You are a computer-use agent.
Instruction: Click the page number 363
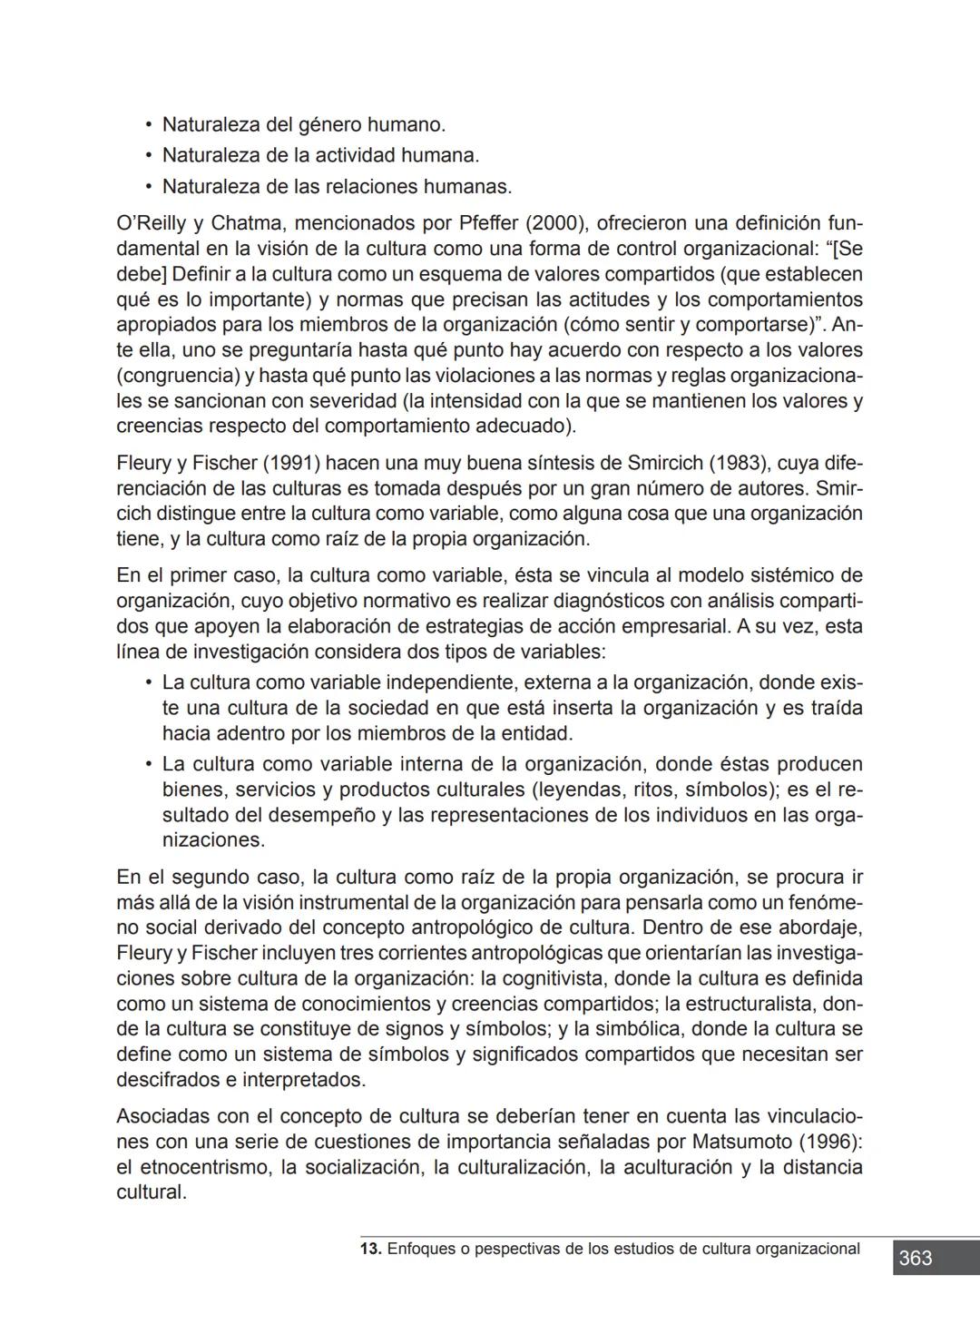tap(915, 1258)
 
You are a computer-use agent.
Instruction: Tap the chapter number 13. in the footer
tap(370, 1249)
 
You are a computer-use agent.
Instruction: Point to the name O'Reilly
tap(151, 223)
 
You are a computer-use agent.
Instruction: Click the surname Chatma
tap(247, 223)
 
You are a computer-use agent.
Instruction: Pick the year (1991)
tap(291, 463)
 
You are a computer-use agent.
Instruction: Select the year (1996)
tap(832, 1142)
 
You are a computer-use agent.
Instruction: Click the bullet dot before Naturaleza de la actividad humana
tap(147, 156)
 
